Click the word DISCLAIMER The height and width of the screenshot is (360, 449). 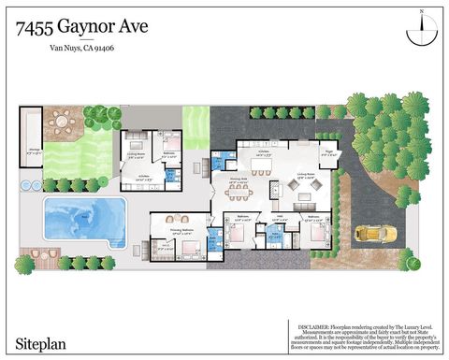[x=321, y=326]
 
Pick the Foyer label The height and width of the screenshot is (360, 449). [x=328, y=148]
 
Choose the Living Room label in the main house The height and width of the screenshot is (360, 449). [x=305, y=174]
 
